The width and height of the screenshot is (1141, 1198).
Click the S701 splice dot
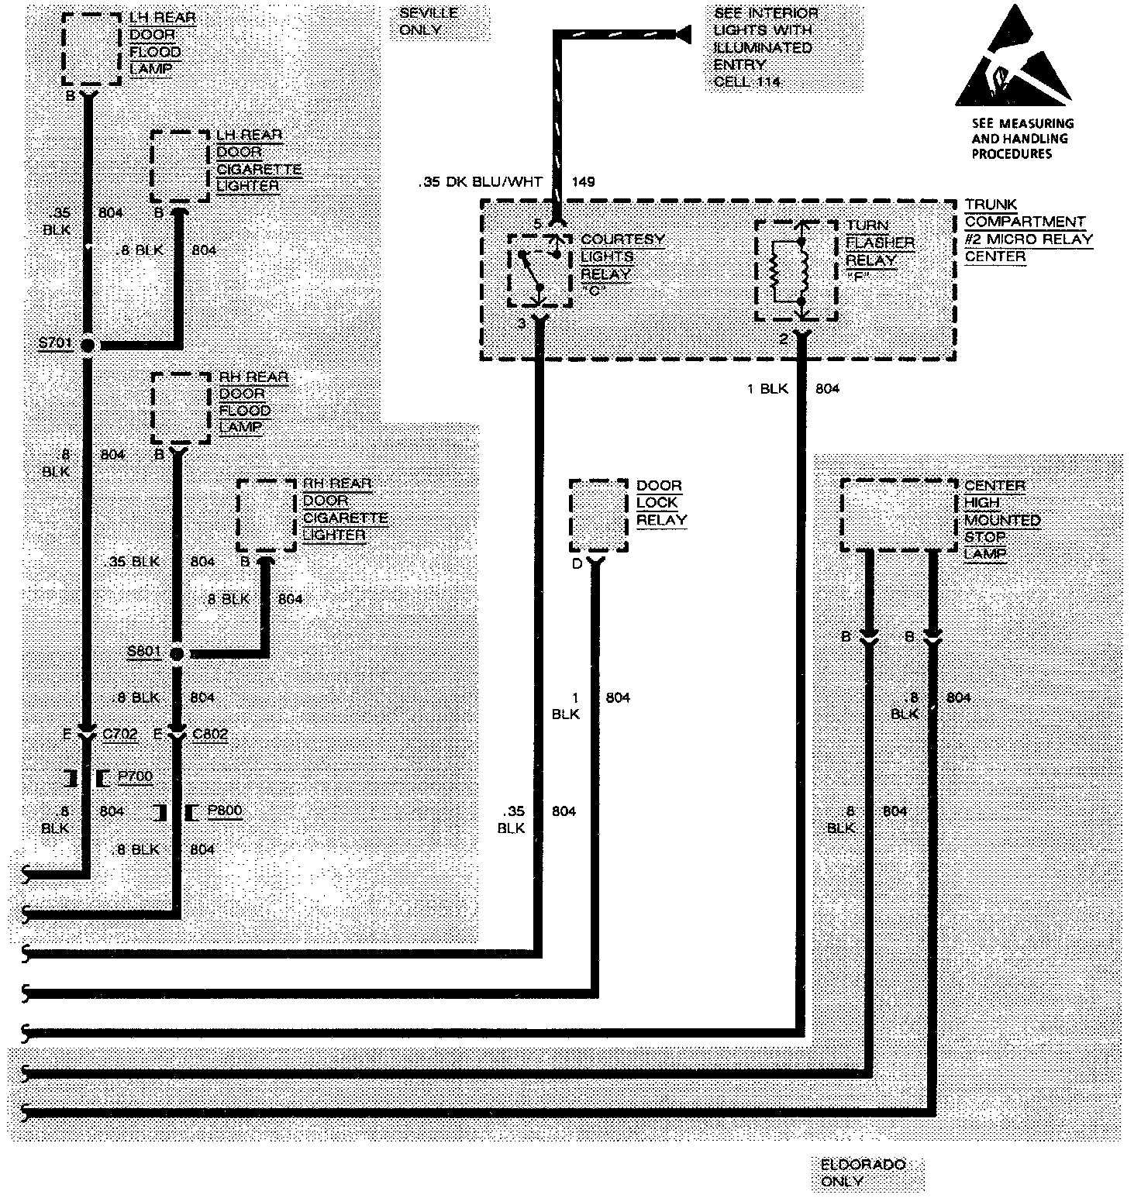(x=88, y=345)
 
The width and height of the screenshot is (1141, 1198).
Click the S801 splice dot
(x=177, y=654)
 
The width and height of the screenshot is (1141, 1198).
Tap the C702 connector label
(x=120, y=733)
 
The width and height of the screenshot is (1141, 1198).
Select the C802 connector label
(x=210, y=733)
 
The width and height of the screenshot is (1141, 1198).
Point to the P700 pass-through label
(x=135, y=776)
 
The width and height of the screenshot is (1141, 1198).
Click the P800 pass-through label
(x=224, y=811)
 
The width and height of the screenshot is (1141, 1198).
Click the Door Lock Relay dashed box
(x=598, y=515)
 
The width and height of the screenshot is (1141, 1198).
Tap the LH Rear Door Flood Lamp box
(x=91, y=49)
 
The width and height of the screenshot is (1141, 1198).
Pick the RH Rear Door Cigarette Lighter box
(x=266, y=515)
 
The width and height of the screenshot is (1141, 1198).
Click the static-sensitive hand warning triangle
(x=1013, y=62)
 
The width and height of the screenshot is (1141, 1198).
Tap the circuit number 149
(x=583, y=182)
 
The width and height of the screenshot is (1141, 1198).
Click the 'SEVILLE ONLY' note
(x=428, y=22)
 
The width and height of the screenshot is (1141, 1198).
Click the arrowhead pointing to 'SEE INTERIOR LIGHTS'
(x=683, y=33)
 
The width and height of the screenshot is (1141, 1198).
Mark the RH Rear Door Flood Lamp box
(x=181, y=408)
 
